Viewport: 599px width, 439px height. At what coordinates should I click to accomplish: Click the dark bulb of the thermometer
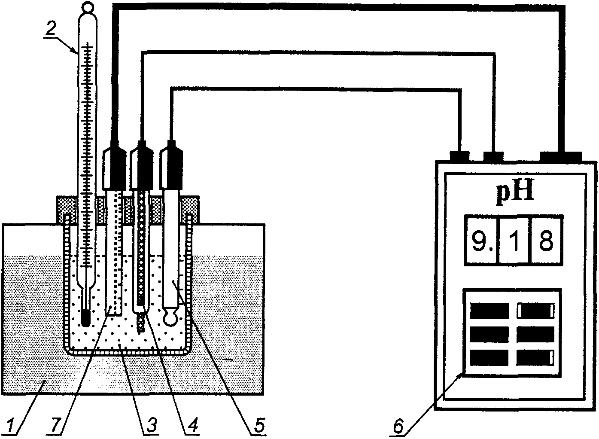point(85,318)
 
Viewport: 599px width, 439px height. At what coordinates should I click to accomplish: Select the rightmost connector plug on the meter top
point(561,156)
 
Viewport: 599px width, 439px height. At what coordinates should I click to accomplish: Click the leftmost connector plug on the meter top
point(460,156)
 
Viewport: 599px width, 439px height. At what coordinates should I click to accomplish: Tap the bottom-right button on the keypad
point(535,358)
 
